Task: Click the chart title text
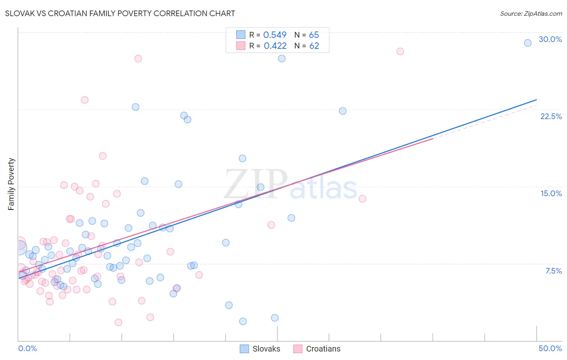120,13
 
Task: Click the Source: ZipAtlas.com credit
531,13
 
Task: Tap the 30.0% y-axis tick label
550,39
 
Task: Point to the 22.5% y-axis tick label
551,116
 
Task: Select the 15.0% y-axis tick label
551,193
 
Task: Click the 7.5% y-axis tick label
553,271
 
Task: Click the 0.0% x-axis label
27,348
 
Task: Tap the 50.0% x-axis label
550,348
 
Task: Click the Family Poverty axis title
11,184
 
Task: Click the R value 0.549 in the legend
275,35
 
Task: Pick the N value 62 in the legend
314,46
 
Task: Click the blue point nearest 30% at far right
527,43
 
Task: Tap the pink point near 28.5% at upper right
400,51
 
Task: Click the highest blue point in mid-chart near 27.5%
281,59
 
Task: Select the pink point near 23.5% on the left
85,100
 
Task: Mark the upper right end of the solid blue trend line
536,100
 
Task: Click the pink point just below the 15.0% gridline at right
362,199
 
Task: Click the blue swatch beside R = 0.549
241,35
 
